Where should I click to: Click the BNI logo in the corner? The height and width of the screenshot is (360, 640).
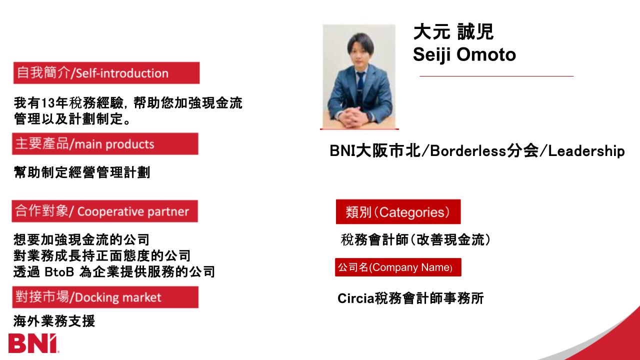(x=33, y=343)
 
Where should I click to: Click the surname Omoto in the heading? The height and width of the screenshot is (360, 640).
(x=486, y=54)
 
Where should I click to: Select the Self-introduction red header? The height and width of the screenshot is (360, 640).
(x=106, y=73)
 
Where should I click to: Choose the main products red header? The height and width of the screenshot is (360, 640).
(x=105, y=143)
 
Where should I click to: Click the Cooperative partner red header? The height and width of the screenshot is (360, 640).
(x=105, y=211)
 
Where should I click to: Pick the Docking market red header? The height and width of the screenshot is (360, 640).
(x=105, y=297)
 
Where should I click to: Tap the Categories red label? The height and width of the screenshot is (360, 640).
(x=398, y=211)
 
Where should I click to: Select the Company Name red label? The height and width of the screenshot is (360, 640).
(x=398, y=267)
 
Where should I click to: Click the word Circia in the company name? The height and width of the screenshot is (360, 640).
(x=355, y=298)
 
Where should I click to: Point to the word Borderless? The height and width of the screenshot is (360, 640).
(x=468, y=151)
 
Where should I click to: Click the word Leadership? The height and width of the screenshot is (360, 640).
(x=586, y=151)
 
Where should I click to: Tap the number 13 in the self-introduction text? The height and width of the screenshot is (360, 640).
(x=48, y=103)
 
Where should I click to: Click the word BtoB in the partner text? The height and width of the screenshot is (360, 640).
(x=59, y=271)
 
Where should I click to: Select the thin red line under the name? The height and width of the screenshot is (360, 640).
(x=496, y=76)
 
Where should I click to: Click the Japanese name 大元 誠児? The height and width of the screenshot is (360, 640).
(x=453, y=31)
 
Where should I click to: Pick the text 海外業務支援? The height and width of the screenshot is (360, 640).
(x=54, y=321)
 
